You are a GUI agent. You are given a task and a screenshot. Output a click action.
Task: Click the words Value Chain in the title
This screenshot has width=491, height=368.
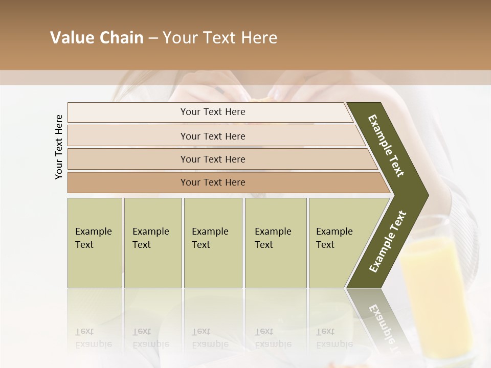click(x=97, y=38)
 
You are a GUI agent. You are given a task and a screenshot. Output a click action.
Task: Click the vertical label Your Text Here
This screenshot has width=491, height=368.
click(x=59, y=147)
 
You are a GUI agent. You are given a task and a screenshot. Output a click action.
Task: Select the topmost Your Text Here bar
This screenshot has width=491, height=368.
click(x=213, y=112)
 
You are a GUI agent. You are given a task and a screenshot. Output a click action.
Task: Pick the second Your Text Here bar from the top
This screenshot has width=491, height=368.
click(x=213, y=136)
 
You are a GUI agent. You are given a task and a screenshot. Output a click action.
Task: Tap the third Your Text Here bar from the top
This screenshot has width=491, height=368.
click(x=213, y=159)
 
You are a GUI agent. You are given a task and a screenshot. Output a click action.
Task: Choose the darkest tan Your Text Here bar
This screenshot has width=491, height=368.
click(x=213, y=182)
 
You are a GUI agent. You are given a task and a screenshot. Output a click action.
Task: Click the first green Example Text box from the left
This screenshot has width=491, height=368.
click(x=95, y=243)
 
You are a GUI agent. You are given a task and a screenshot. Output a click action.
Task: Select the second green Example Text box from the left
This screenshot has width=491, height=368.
click(x=152, y=243)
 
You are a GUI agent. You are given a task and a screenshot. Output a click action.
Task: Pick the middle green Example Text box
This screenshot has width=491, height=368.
click(x=213, y=243)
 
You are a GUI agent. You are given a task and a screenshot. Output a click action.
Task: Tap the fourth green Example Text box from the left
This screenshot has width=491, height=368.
click(x=275, y=243)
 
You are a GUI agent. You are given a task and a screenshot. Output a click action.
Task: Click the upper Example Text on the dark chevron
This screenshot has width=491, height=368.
click(x=387, y=146)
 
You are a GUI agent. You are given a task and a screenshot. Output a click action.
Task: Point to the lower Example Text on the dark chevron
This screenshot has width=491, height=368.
click(x=388, y=241)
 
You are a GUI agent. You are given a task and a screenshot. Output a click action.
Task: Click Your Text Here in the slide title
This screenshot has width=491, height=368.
click(x=220, y=38)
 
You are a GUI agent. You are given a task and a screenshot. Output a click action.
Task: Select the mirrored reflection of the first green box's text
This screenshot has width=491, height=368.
click(x=94, y=338)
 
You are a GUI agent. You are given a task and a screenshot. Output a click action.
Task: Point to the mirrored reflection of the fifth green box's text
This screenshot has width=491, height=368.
click(x=334, y=338)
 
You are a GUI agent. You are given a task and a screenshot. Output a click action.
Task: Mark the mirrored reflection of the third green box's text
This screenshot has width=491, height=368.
click(x=210, y=338)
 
